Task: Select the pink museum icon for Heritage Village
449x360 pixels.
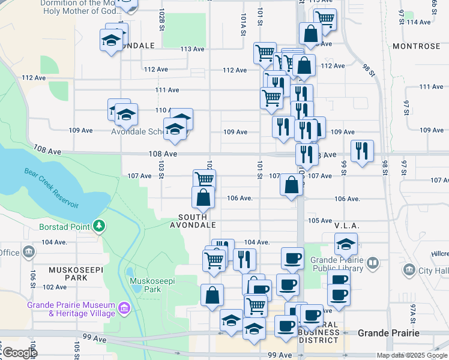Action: tap(124, 308)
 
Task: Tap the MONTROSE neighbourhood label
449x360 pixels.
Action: tap(416, 46)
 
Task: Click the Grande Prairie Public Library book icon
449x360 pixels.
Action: tap(373, 262)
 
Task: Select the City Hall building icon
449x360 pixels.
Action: tap(410, 270)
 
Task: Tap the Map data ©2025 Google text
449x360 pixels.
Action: tap(412, 355)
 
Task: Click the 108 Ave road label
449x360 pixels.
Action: tap(163, 154)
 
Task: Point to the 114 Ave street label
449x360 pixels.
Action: tap(418, 22)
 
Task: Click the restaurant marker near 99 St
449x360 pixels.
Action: tap(362, 151)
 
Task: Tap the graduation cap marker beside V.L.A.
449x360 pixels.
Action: tap(346, 244)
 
